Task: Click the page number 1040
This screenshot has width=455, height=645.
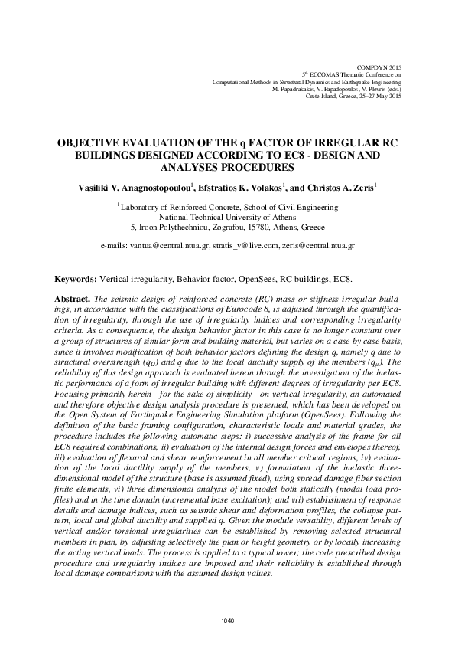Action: (226, 620)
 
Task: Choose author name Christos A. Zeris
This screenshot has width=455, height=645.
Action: (343, 186)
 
